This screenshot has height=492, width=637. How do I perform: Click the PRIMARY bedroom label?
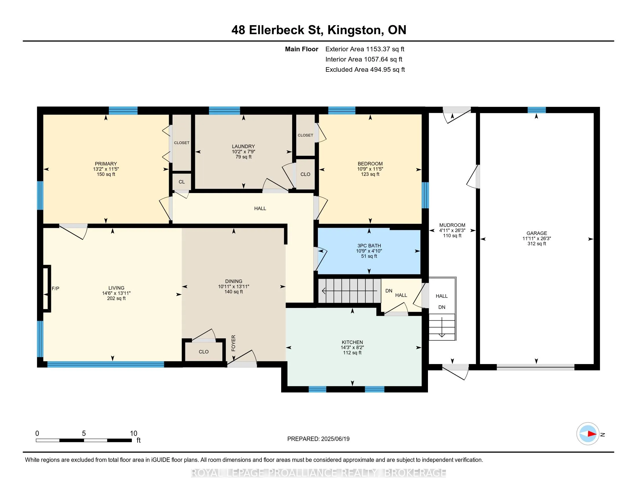(x=106, y=164)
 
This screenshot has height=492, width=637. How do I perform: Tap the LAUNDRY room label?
(x=244, y=146)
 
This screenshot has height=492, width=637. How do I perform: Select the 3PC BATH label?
(x=369, y=246)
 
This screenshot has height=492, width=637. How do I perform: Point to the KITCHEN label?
(x=352, y=342)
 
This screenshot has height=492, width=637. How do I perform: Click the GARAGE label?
(x=537, y=233)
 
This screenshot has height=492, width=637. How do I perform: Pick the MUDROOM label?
(x=452, y=225)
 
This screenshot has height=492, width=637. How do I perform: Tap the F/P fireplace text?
(x=55, y=289)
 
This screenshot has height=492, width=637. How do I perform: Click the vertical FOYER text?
(x=233, y=343)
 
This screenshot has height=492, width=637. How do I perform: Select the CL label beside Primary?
(x=182, y=182)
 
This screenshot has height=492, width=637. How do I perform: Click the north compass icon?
(x=588, y=434)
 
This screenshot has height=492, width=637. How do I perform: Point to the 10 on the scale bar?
(x=133, y=434)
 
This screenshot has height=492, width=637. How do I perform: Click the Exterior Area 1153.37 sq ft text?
(x=365, y=49)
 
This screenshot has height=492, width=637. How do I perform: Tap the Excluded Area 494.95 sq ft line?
(x=365, y=70)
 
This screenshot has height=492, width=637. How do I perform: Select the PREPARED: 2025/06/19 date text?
(x=318, y=439)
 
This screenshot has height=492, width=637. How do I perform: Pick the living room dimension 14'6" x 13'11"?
(x=116, y=293)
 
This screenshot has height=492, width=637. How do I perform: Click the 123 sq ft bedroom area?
(x=370, y=174)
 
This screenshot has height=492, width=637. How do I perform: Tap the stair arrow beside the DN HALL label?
(x=349, y=291)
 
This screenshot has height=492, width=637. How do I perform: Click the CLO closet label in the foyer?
(x=204, y=352)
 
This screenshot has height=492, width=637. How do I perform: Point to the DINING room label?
(x=234, y=281)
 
